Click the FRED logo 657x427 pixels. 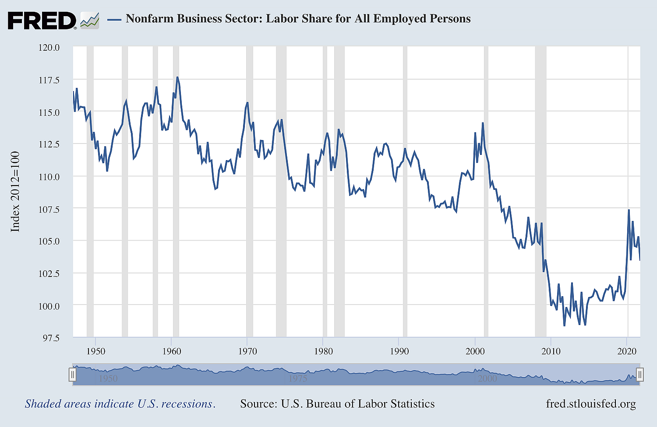[x=42, y=20]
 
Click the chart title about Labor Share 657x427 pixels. [x=298, y=19]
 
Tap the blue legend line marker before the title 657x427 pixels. [x=114, y=19]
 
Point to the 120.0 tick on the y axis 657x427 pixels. [x=49, y=47]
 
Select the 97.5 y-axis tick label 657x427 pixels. [x=49, y=338]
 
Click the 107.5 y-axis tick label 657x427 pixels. [x=49, y=209]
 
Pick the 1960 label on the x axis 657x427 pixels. [x=172, y=351]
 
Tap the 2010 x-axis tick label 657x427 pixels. [x=551, y=351]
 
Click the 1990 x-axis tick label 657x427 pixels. [x=399, y=351]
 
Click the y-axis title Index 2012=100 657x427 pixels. [x=15, y=192]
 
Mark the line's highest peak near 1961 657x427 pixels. [x=177, y=77]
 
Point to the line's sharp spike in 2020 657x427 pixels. [x=629, y=210]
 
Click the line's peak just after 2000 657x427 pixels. [x=483, y=123]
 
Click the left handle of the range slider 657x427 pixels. [x=73, y=374]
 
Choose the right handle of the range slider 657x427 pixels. [x=639, y=374]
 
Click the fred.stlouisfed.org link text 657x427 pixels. [x=590, y=403]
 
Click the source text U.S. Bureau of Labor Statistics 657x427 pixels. [x=337, y=403]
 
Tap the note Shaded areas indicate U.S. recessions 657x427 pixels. [x=120, y=403]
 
